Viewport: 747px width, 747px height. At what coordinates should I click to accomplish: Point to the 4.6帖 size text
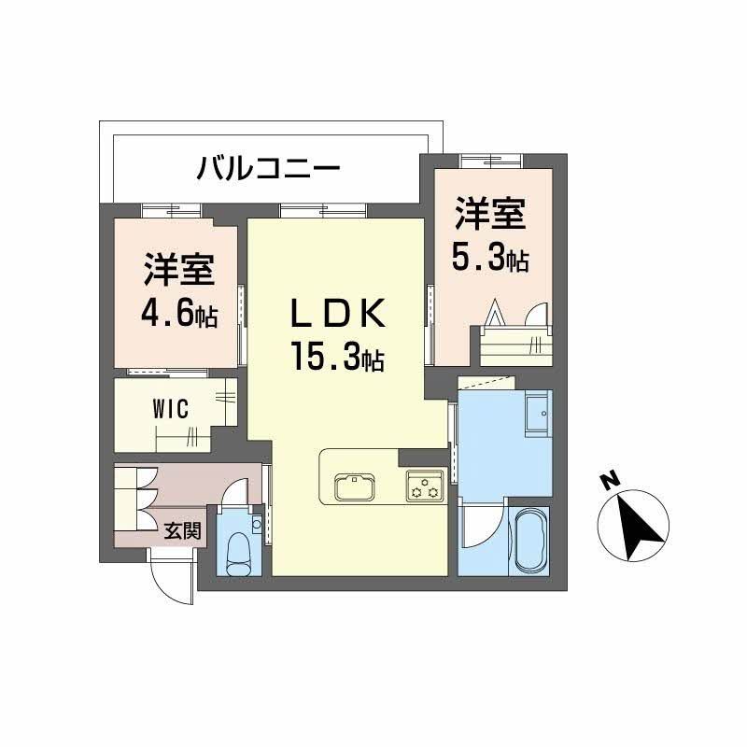179,314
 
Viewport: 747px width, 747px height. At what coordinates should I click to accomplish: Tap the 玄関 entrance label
183,531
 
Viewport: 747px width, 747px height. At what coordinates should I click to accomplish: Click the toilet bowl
239,551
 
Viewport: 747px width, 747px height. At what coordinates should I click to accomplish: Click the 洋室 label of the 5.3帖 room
489,214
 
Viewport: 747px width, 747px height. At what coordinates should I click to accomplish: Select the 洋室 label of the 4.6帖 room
179,271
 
